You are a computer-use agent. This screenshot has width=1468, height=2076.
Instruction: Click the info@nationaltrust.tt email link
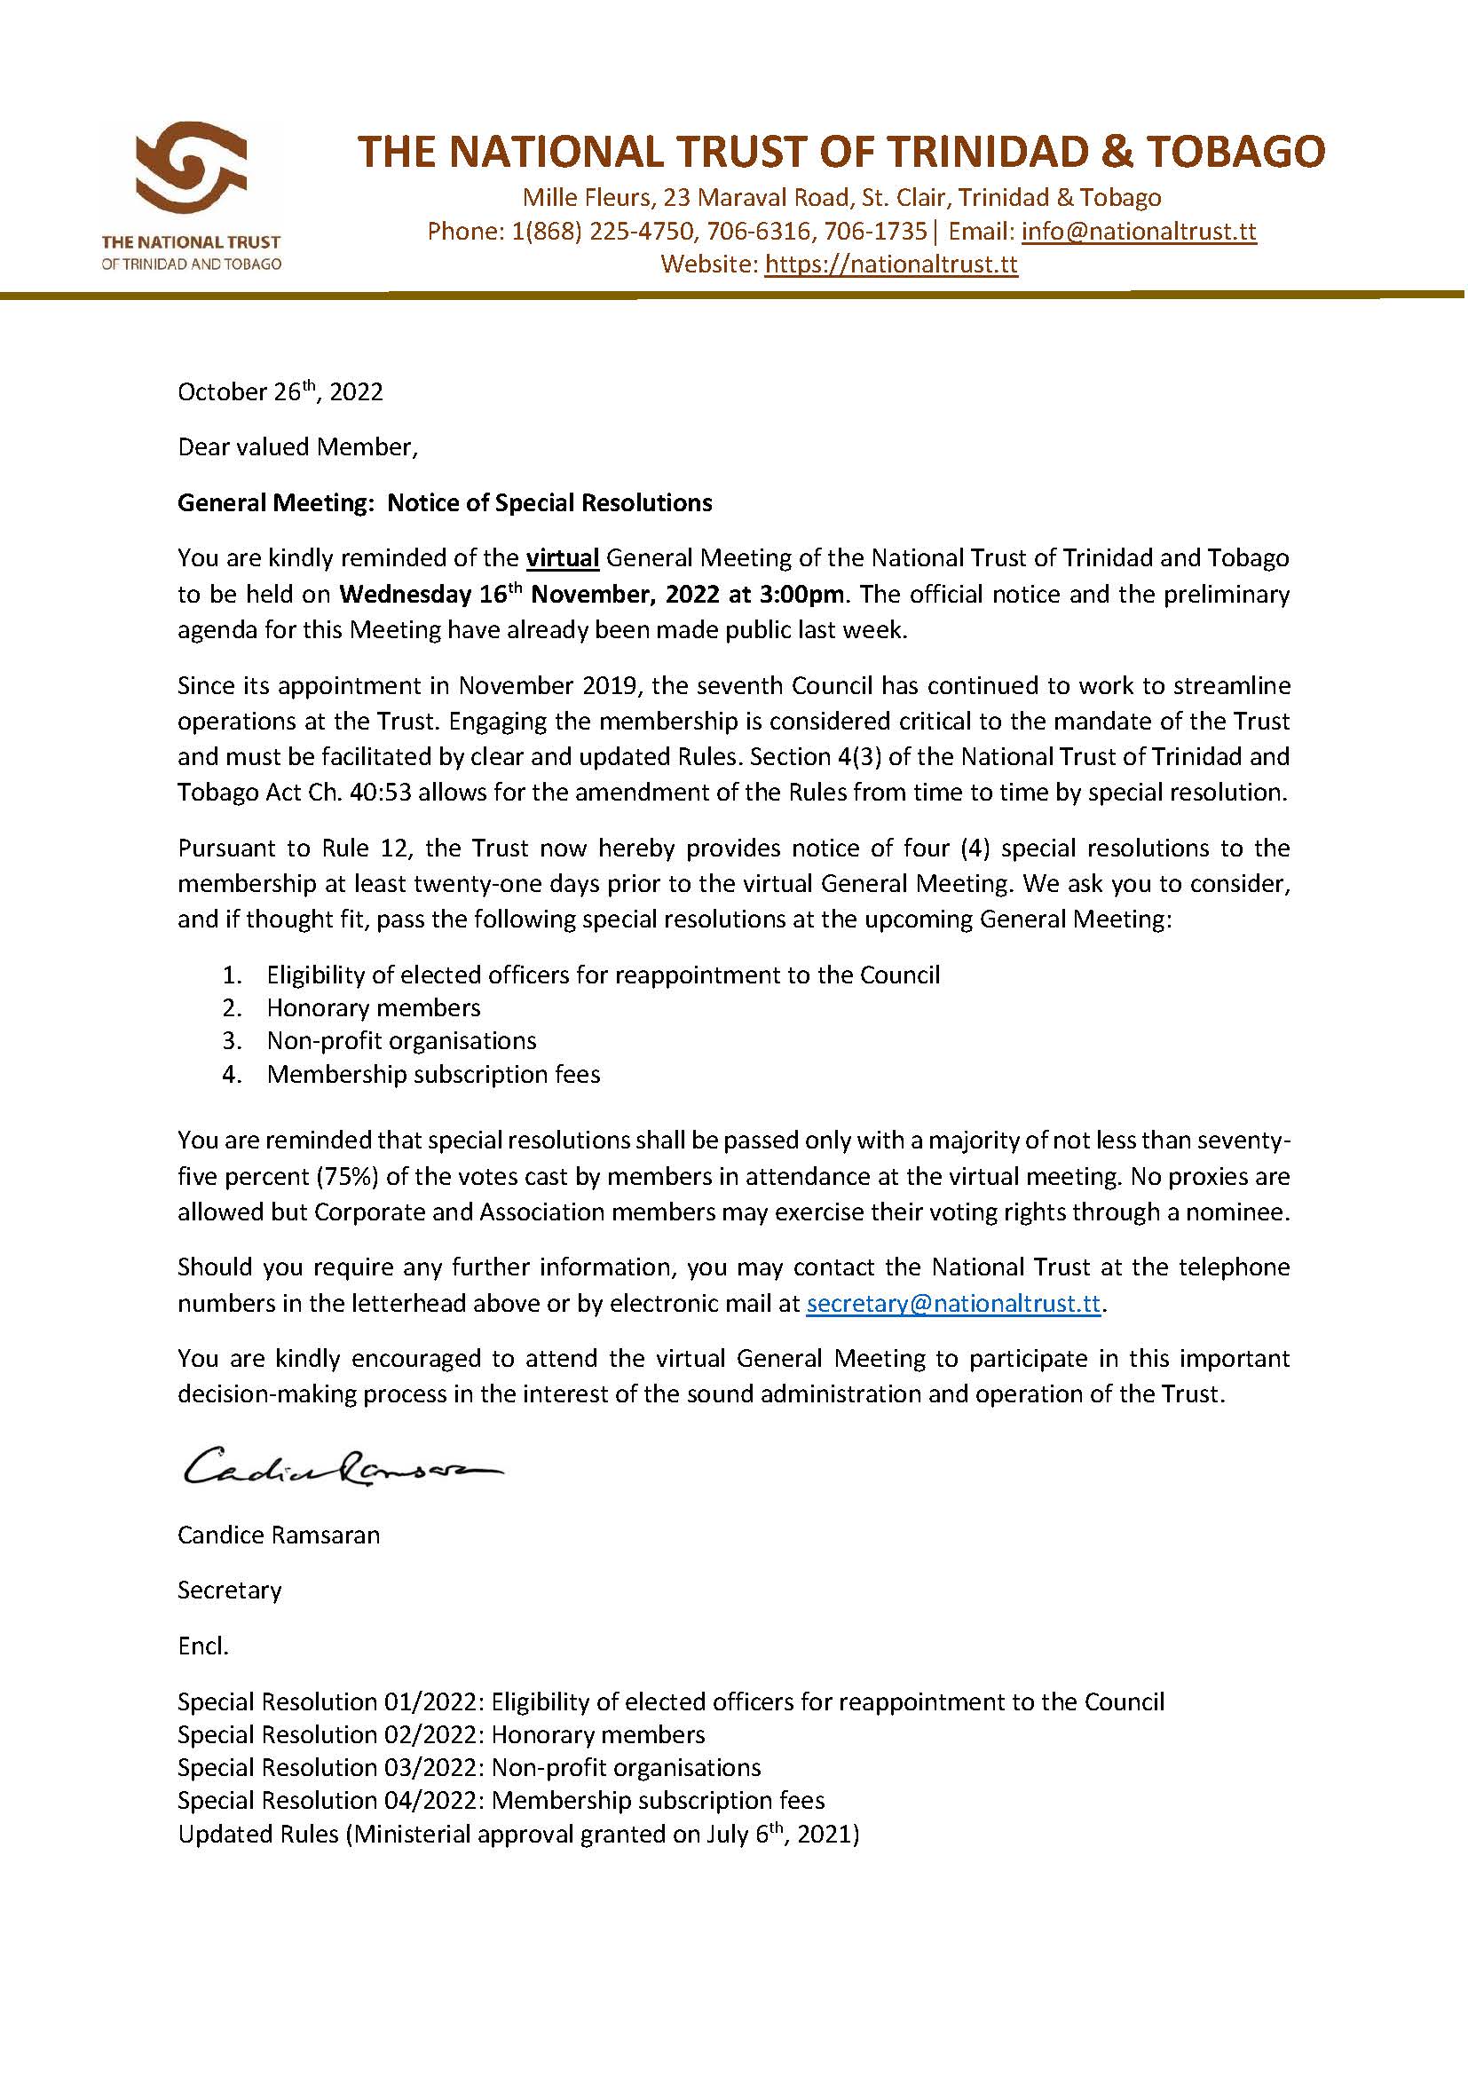point(1138,232)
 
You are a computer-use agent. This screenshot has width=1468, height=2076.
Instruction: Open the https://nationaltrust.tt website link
point(890,264)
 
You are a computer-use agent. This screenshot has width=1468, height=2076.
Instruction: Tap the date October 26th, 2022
point(280,391)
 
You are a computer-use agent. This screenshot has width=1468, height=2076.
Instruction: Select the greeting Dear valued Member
point(297,447)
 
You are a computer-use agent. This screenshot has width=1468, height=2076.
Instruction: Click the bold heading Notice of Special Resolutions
point(549,502)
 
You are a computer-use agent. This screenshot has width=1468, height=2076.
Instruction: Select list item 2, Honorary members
point(374,1007)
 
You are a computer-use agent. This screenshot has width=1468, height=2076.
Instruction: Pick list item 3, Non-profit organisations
point(401,1041)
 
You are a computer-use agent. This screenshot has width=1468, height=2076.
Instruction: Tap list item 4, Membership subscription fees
point(433,1074)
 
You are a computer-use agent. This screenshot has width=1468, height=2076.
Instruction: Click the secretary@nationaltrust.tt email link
point(952,1304)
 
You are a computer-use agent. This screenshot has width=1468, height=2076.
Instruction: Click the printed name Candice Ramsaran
point(279,1535)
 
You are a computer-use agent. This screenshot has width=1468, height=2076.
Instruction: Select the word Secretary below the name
point(230,1591)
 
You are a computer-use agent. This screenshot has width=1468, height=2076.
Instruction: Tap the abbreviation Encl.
point(203,1646)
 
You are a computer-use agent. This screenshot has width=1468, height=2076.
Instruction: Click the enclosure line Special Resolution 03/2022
point(469,1768)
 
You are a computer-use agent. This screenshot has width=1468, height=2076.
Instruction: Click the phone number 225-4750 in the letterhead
point(642,232)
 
